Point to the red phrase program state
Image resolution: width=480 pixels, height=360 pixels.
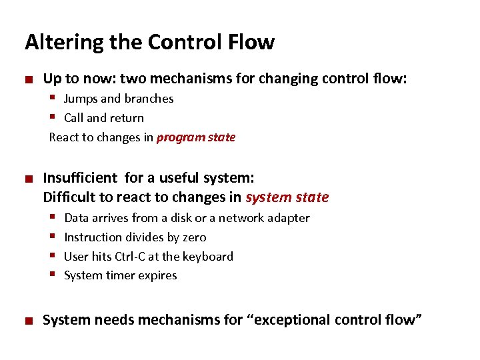195,137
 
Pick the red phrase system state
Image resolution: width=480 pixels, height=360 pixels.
287,197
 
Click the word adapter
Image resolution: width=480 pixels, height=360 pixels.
289,219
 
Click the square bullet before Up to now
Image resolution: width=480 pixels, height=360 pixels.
28,79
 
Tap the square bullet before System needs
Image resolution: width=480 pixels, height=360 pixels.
28,321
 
